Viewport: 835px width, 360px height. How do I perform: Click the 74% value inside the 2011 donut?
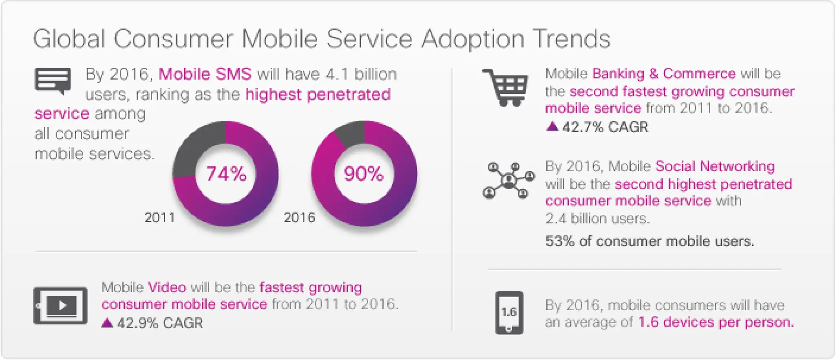click(x=226, y=174)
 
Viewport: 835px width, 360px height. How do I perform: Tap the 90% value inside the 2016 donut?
click(x=364, y=174)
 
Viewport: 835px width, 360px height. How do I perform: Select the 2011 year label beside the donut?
click(x=160, y=218)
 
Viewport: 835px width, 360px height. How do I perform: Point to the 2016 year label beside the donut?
click(x=299, y=218)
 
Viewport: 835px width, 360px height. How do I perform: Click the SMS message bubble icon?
click(x=53, y=80)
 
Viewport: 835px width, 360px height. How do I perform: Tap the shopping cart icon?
click(x=506, y=87)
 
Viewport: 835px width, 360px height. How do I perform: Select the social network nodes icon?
click(x=508, y=180)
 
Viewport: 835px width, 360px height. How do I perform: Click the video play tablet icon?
click(x=60, y=305)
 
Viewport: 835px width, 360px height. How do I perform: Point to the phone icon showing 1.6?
click(x=509, y=312)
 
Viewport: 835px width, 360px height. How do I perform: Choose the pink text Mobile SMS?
click(x=205, y=74)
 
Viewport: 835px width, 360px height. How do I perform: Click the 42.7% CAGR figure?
click(x=605, y=127)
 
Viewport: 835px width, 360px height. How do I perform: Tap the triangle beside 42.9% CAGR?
click(x=107, y=323)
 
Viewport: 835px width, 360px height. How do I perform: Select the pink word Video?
click(x=167, y=287)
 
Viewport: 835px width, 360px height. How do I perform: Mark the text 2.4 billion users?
click(x=597, y=219)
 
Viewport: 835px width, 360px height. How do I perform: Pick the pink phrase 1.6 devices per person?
click(x=716, y=322)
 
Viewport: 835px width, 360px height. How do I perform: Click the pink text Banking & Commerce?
click(x=664, y=74)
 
